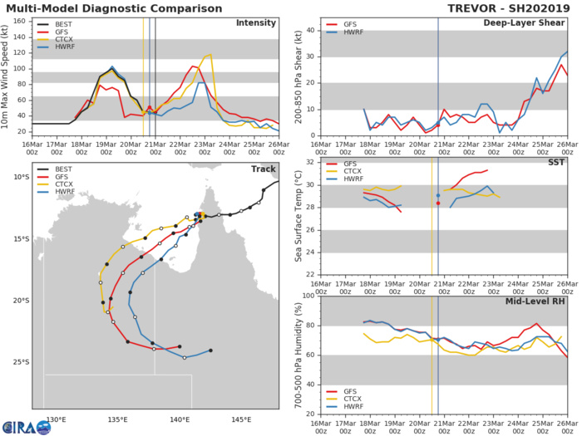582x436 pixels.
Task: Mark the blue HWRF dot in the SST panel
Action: (438, 196)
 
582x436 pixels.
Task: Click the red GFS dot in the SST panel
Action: (438, 203)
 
